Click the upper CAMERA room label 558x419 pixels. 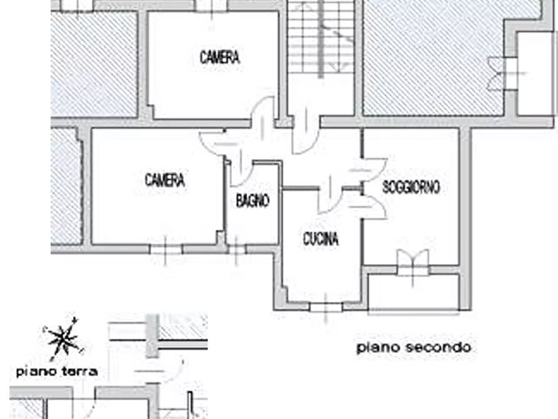pos(219,58)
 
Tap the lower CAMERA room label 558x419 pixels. pos(165,180)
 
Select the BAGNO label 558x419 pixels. pos(252,201)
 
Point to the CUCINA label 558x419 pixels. pos(321,239)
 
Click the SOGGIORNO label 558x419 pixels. pos(411,187)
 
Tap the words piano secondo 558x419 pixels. pos(414,347)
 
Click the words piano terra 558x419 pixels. pos(57,371)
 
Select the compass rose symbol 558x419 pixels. pos(63,338)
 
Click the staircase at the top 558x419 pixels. pos(321,38)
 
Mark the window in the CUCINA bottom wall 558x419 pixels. pos(326,306)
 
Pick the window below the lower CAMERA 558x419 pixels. pos(166,249)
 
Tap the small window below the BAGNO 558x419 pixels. pos(237,250)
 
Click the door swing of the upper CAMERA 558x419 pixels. pos(263,114)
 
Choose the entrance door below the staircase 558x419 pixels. pos(306,134)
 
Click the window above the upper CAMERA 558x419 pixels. pos(212,6)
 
